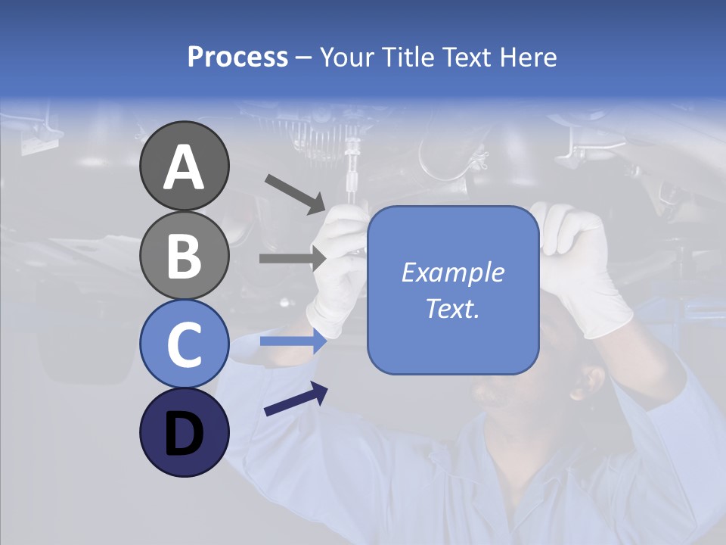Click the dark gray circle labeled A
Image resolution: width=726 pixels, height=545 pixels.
tap(184, 167)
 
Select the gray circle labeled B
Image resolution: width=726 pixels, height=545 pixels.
tap(184, 256)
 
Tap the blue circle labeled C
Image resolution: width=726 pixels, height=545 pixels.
tap(184, 344)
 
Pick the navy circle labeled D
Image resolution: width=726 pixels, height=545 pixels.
tap(184, 432)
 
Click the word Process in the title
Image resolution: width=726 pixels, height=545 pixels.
tap(237, 57)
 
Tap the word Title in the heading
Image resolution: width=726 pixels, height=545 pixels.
tap(406, 57)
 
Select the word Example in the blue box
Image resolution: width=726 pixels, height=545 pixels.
tap(453, 272)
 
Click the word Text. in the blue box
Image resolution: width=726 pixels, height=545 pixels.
tap(453, 309)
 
